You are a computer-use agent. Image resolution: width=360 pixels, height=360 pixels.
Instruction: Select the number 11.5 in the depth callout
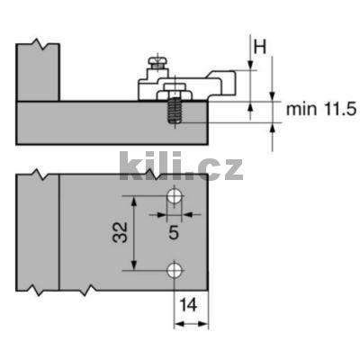[337, 109]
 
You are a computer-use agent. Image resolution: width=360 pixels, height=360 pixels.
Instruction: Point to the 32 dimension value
[119, 234]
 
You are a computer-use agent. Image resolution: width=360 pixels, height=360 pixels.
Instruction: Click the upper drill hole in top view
[175, 197]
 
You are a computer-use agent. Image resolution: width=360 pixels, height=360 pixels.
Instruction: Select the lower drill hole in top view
[175, 269]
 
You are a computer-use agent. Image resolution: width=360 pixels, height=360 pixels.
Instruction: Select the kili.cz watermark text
[180, 166]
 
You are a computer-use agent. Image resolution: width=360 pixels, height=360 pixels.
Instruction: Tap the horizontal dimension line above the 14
[190, 320]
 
